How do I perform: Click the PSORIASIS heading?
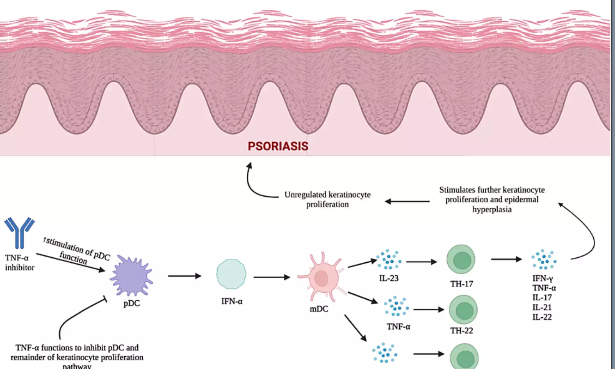(278, 146)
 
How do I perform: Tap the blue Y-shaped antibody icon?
(19, 233)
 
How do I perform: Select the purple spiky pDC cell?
(131, 275)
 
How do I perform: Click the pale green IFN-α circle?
(231, 274)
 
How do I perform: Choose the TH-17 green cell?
(461, 260)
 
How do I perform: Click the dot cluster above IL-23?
(389, 259)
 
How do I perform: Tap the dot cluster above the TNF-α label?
(396, 307)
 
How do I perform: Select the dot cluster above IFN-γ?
(544, 259)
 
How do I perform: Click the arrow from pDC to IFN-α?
(184, 276)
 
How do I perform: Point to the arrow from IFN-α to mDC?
(271, 277)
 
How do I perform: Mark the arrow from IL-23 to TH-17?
(421, 261)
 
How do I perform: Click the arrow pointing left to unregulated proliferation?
(407, 202)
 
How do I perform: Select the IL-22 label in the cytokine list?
(542, 317)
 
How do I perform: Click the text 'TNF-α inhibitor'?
(19, 263)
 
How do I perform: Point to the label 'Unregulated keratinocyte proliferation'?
(327, 199)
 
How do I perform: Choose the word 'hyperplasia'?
(492, 209)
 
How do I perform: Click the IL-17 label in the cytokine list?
(542, 298)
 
